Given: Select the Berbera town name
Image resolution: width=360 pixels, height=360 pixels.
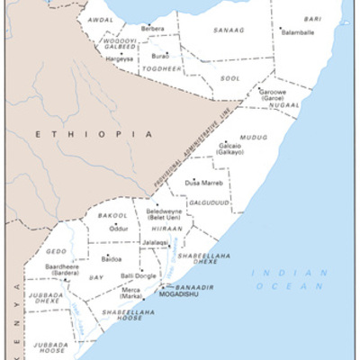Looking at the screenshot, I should coord(153,29).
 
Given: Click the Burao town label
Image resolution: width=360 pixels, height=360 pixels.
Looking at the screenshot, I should coord(159,55).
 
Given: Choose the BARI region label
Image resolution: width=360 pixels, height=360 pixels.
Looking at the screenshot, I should coord(313,18).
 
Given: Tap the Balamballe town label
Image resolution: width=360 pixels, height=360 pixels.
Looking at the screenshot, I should coord(300,31).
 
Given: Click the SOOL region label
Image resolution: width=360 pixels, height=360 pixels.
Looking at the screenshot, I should coord(230,78).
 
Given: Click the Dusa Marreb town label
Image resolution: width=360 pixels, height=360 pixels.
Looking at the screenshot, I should coord(204,183).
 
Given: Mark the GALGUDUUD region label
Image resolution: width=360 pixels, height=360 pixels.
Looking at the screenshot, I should coord(209,202).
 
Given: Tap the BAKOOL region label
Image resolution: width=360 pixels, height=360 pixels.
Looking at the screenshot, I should coord(113,216).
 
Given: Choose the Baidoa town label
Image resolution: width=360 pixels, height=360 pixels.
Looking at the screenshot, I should coord(112,258).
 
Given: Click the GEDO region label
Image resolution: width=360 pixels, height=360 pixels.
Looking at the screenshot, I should coord(56,251).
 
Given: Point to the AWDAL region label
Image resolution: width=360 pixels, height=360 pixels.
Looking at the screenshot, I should coord(100,19).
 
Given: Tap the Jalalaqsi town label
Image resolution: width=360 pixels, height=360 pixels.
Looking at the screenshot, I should coord(154,242).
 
